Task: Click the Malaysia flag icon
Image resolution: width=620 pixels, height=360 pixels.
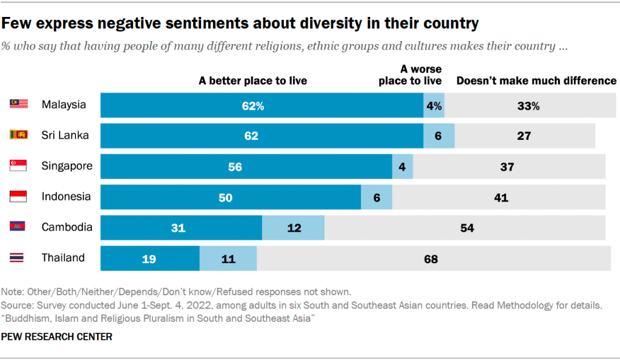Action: click(19, 105)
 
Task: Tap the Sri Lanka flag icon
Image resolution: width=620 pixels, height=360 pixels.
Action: click(19, 135)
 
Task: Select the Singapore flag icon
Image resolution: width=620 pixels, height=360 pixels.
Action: click(19, 166)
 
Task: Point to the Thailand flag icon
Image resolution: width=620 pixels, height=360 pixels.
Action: click(19, 258)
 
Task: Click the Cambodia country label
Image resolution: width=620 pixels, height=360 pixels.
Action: click(67, 227)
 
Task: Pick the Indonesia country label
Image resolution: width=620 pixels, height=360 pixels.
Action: click(66, 197)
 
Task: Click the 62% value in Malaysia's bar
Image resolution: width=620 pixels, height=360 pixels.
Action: click(252, 105)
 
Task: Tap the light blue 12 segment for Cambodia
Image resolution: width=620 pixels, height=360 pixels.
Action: click(293, 227)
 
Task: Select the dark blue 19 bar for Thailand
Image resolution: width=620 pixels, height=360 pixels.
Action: click(150, 258)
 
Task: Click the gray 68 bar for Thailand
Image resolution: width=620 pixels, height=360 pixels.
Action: click(431, 258)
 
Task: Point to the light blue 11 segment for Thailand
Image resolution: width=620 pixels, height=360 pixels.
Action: click(228, 258)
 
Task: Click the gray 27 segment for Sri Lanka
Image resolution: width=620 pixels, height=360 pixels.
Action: click(524, 136)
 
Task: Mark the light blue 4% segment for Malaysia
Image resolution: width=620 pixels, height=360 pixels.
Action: click(434, 105)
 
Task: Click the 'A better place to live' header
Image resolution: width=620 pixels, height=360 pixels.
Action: click(253, 80)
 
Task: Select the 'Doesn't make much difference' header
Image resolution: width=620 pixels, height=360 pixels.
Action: click(536, 80)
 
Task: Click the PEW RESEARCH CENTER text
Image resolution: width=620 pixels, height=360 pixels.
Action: click(58, 336)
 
